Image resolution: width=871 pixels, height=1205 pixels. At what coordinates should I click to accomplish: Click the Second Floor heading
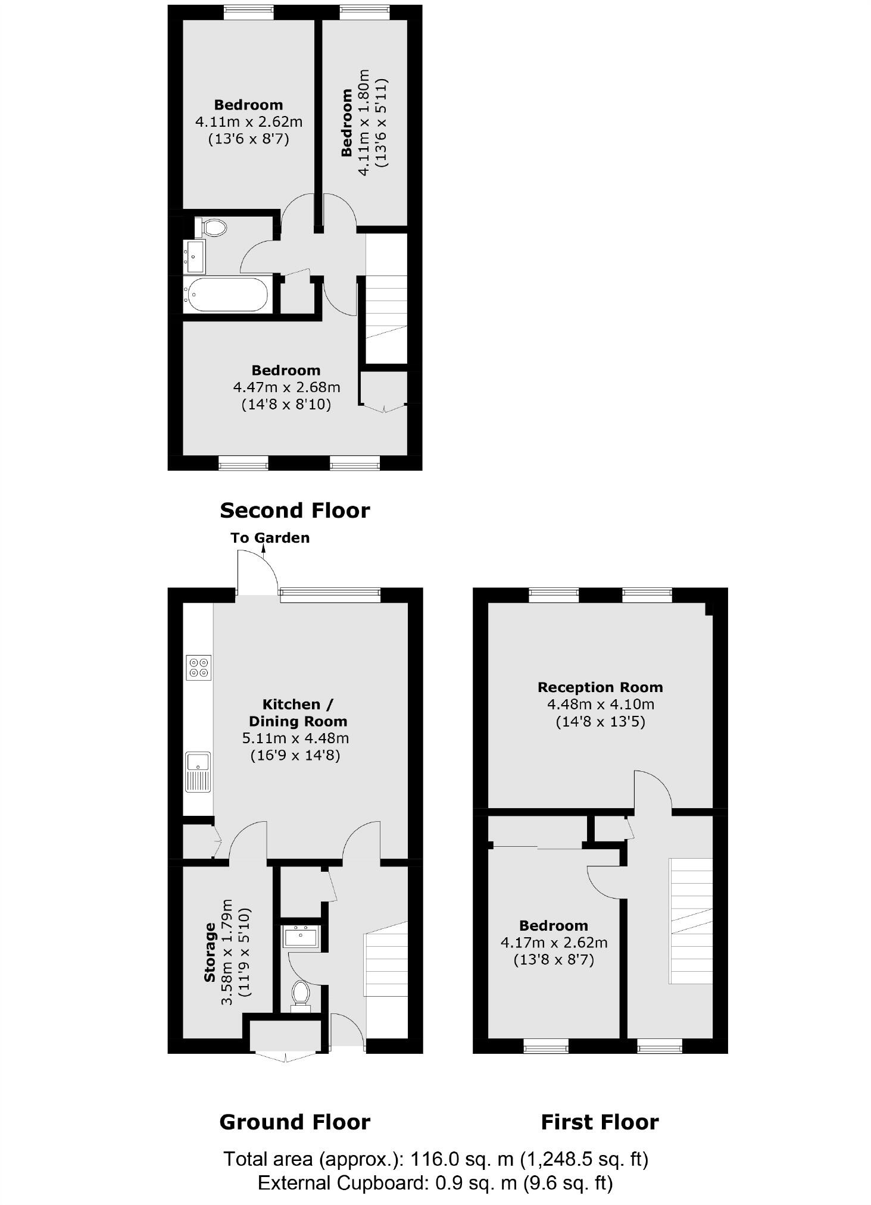(x=295, y=510)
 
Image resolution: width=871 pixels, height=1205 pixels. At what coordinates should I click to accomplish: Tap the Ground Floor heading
(x=295, y=1122)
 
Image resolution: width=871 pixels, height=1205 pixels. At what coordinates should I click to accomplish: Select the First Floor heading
(x=600, y=1122)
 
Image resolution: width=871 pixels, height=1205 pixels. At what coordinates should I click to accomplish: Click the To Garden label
(x=270, y=537)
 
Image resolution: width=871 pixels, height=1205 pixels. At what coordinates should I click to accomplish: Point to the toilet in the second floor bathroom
(x=211, y=227)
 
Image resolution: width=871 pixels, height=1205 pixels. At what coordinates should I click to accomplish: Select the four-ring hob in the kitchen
(x=198, y=667)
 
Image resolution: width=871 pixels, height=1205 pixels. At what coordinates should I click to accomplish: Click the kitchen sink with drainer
(x=198, y=772)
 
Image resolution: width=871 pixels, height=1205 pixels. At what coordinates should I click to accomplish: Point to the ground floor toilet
(x=301, y=994)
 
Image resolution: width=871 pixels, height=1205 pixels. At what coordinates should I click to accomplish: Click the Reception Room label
(x=600, y=687)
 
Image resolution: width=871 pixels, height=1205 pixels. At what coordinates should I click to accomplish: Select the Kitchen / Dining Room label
(x=298, y=712)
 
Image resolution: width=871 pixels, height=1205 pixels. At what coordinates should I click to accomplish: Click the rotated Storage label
(x=210, y=952)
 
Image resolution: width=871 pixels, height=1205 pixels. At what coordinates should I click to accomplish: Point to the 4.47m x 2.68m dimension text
(x=286, y=387)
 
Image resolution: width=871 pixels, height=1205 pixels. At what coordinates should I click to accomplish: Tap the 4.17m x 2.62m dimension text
(x=554, y=943)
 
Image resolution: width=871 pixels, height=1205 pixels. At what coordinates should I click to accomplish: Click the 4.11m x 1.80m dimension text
(x=363, y=122)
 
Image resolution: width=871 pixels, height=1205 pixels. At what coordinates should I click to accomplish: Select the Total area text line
(x=435, y=1159)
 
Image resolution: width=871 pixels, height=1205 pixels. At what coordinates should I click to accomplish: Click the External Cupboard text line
(x=435, y=1182)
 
